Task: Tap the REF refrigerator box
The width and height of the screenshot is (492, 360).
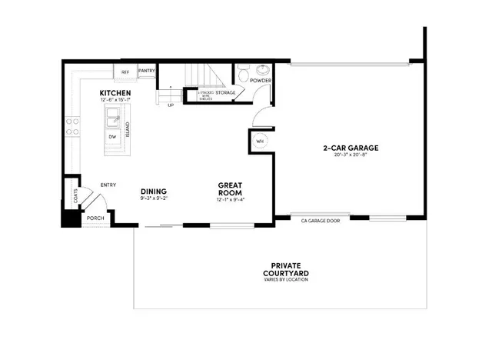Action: [124, 72]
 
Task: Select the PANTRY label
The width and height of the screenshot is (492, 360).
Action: [147, 72]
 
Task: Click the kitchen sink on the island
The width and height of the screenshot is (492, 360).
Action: [113, 117]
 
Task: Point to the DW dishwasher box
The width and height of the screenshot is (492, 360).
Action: [112, 137]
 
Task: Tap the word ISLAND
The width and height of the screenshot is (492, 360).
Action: [128, 128]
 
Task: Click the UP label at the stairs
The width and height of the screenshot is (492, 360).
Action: [170, 105]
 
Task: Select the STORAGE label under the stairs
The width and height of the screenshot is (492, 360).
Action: [225, 92]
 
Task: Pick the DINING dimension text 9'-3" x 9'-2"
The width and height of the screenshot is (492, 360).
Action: [153, 199]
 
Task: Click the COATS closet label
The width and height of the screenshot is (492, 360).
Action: [75, 198]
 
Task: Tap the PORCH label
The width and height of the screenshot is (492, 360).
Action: [95, 218]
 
